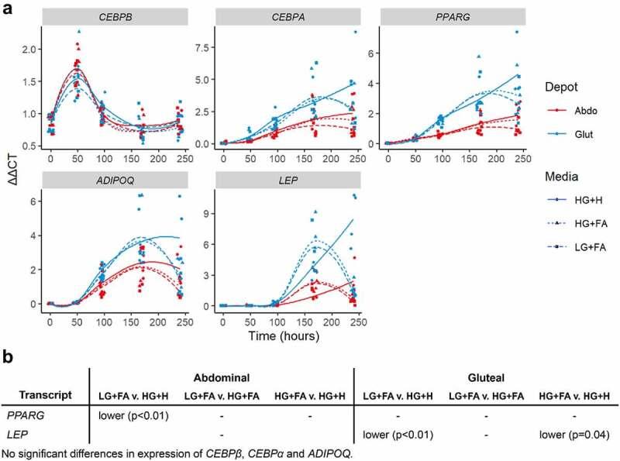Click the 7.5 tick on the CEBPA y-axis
(203, 45)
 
